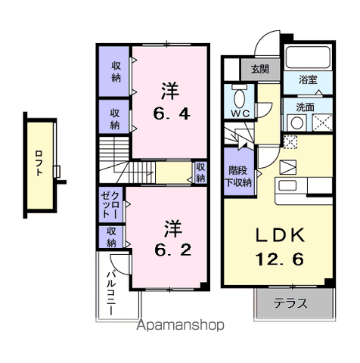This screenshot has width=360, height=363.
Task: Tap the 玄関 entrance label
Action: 259,70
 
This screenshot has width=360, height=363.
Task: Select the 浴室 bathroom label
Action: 307,78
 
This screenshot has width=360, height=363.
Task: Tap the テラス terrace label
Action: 290,305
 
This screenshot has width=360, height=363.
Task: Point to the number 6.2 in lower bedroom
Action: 173,247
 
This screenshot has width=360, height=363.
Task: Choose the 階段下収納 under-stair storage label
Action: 240,177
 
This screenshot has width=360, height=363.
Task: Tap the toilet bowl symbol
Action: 241,96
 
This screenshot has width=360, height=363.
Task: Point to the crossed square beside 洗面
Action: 321,120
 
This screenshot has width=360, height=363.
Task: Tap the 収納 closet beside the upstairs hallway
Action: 200,172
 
